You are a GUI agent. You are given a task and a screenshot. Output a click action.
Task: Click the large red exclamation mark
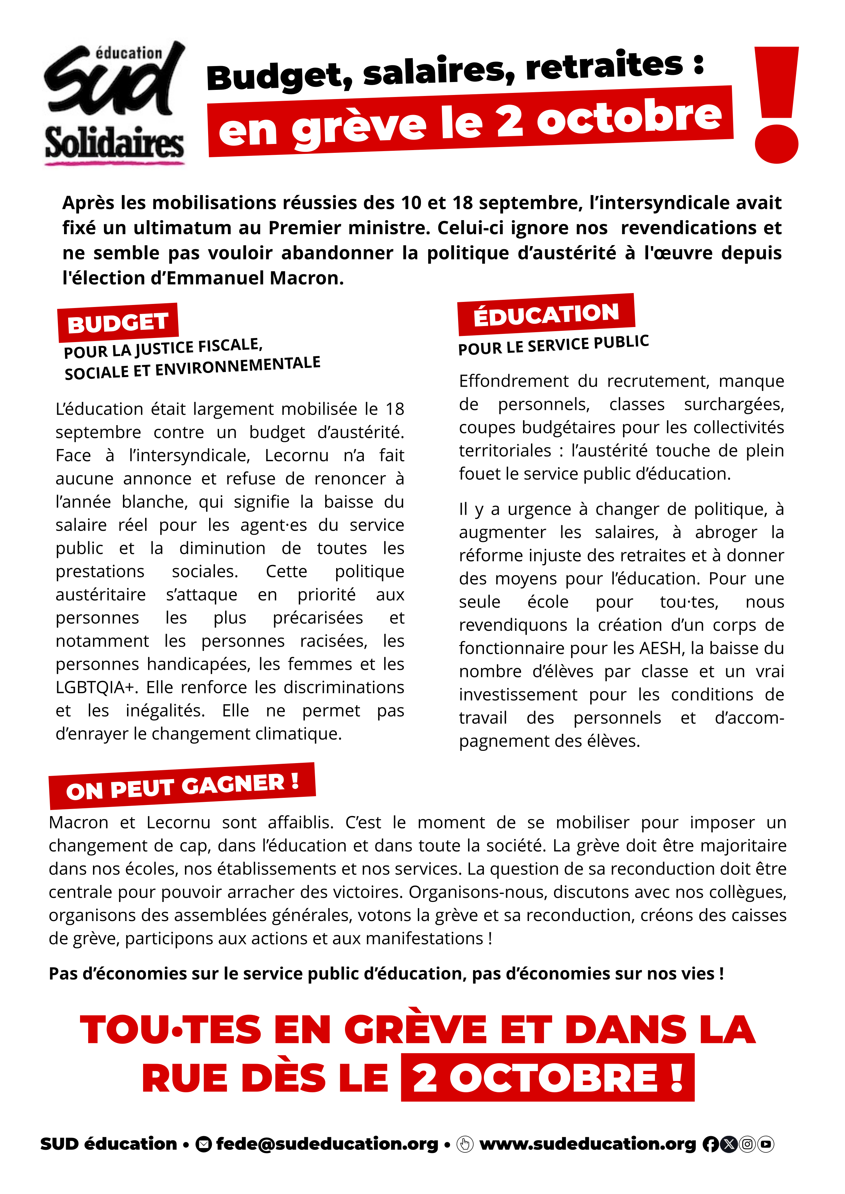(x=776, y=104)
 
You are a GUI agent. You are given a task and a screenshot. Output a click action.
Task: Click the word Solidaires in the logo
(x=114, y=143)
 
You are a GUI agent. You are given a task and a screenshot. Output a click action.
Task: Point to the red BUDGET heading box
(x=118, y=322)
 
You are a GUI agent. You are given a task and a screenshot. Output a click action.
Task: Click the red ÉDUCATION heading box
(x=546, y=314)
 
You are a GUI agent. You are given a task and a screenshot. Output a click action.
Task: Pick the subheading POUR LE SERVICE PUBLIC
(x=553, y=345)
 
